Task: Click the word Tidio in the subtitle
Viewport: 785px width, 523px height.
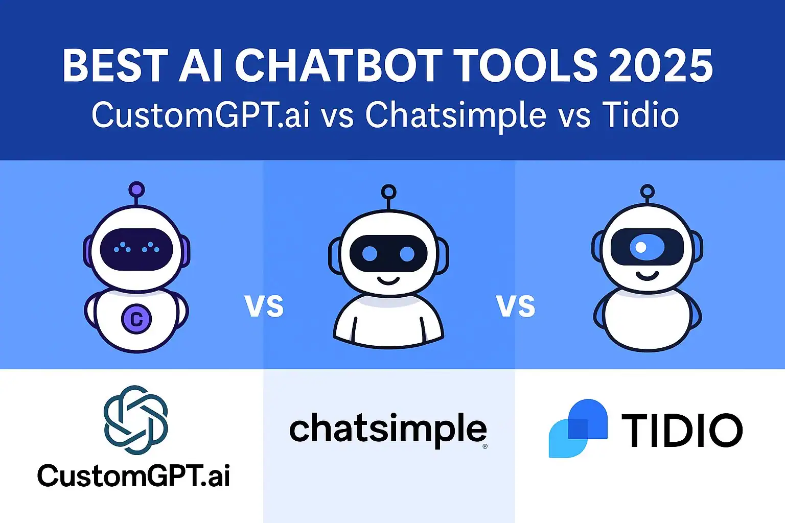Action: (x=640, y=115)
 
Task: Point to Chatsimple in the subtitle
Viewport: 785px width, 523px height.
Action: (x=456, y=115)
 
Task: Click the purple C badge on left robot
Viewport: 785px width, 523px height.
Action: (x=136, y=319)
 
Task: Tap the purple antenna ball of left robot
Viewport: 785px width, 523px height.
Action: (x=136, y=190)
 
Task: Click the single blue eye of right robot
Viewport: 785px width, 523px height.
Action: (x=647, y=248)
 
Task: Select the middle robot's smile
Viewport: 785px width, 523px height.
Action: (x=388, y=280)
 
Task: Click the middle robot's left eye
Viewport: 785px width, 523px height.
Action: (x=370, y=253)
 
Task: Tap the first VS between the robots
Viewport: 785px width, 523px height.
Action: (x=264, y=306)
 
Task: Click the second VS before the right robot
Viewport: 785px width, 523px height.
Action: (x=516, y=306)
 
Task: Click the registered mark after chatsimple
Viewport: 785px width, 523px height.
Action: (x=484, y=446)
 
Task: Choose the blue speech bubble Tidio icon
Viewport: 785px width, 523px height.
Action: (x=578, y=428)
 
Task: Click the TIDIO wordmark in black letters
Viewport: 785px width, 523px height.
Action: (x=682, y=430)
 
